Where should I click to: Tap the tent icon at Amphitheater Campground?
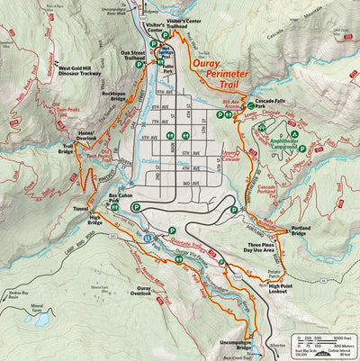click(x=261, y=128)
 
